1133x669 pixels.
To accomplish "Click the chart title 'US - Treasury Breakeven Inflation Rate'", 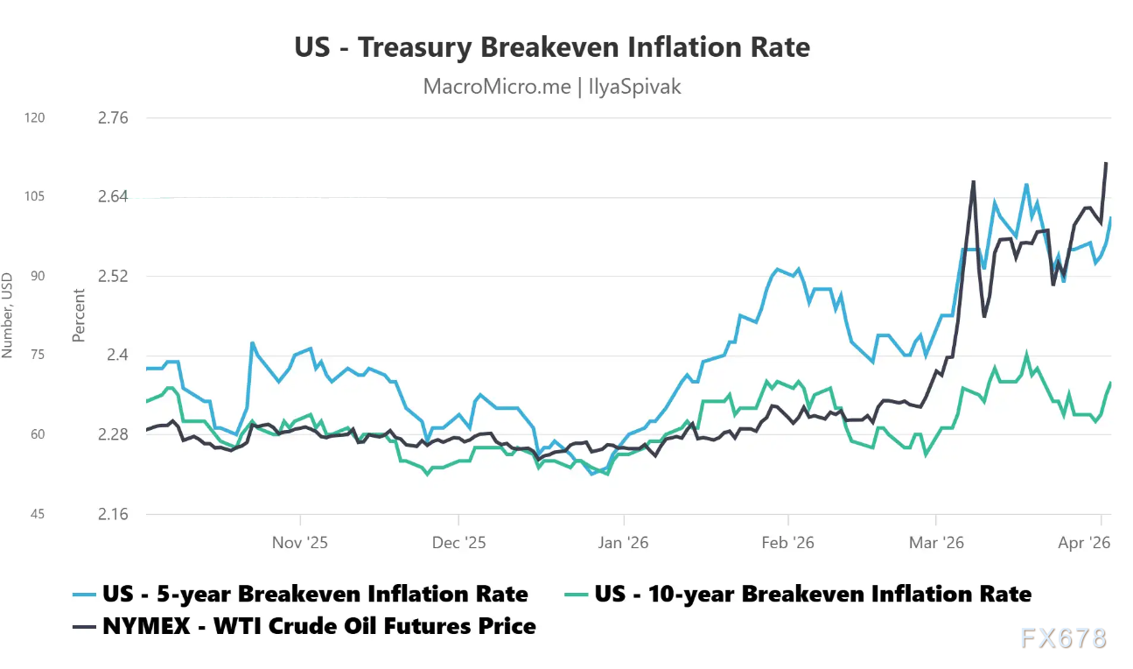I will pos(552,47).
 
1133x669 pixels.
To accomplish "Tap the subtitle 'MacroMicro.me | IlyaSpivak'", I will pos(552,87).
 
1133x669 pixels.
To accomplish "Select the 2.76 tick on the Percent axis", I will pos(111,118).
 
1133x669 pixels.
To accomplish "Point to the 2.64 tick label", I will pos(111,197).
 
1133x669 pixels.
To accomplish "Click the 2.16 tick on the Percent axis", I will pos(111,514).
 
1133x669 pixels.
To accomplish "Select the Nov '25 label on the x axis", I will pos(300,543).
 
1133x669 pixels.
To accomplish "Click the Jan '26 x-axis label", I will pos(623,543).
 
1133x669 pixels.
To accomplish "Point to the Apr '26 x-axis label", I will pos(1084,543).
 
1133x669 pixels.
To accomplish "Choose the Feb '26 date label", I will pos(788,543).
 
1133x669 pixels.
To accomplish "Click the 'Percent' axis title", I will pos(80,315).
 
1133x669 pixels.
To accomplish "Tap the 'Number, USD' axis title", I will pos(7,315).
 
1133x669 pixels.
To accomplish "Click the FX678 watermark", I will pos(1063,638).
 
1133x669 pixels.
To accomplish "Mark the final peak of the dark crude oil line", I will pos(1106,163).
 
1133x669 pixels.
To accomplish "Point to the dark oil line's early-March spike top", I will pos(973,181).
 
